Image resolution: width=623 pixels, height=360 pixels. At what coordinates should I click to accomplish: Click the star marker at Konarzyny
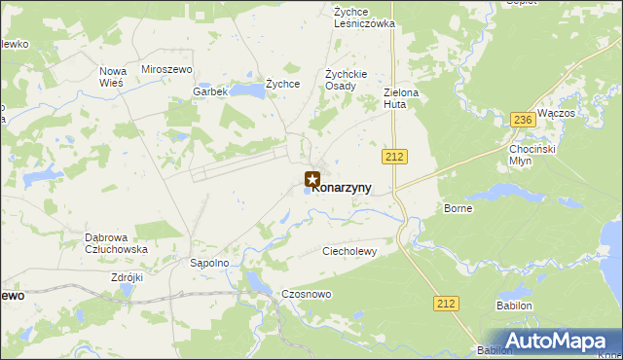click(x=312, y=179)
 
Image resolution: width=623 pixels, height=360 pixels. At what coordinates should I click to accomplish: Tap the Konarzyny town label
click(x=343, y=188)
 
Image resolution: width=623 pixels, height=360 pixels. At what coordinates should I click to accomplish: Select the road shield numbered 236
click(x=523, y=120)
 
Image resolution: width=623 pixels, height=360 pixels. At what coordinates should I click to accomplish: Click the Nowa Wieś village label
click(x=112, y=77)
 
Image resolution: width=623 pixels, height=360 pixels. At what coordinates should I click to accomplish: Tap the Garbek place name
click(x=209, y=91)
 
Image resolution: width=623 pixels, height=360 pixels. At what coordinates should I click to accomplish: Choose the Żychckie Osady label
click(x=346, y=79)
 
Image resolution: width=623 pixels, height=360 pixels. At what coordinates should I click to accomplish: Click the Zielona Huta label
click(x=400, y=97)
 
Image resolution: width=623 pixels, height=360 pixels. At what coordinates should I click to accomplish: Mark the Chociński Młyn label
click(x=533, y=155)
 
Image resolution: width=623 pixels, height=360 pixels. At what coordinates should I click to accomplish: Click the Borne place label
click(x=458, y=208)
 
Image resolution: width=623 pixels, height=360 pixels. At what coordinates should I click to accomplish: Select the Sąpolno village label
click(x=208, y=263)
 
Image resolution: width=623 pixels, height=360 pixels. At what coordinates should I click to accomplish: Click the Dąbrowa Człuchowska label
click(x=116, y=242)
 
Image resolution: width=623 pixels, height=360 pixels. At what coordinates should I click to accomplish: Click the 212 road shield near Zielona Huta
click(x=394, y=156)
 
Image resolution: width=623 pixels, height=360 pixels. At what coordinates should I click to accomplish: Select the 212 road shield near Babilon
click(x=447, y=304)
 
